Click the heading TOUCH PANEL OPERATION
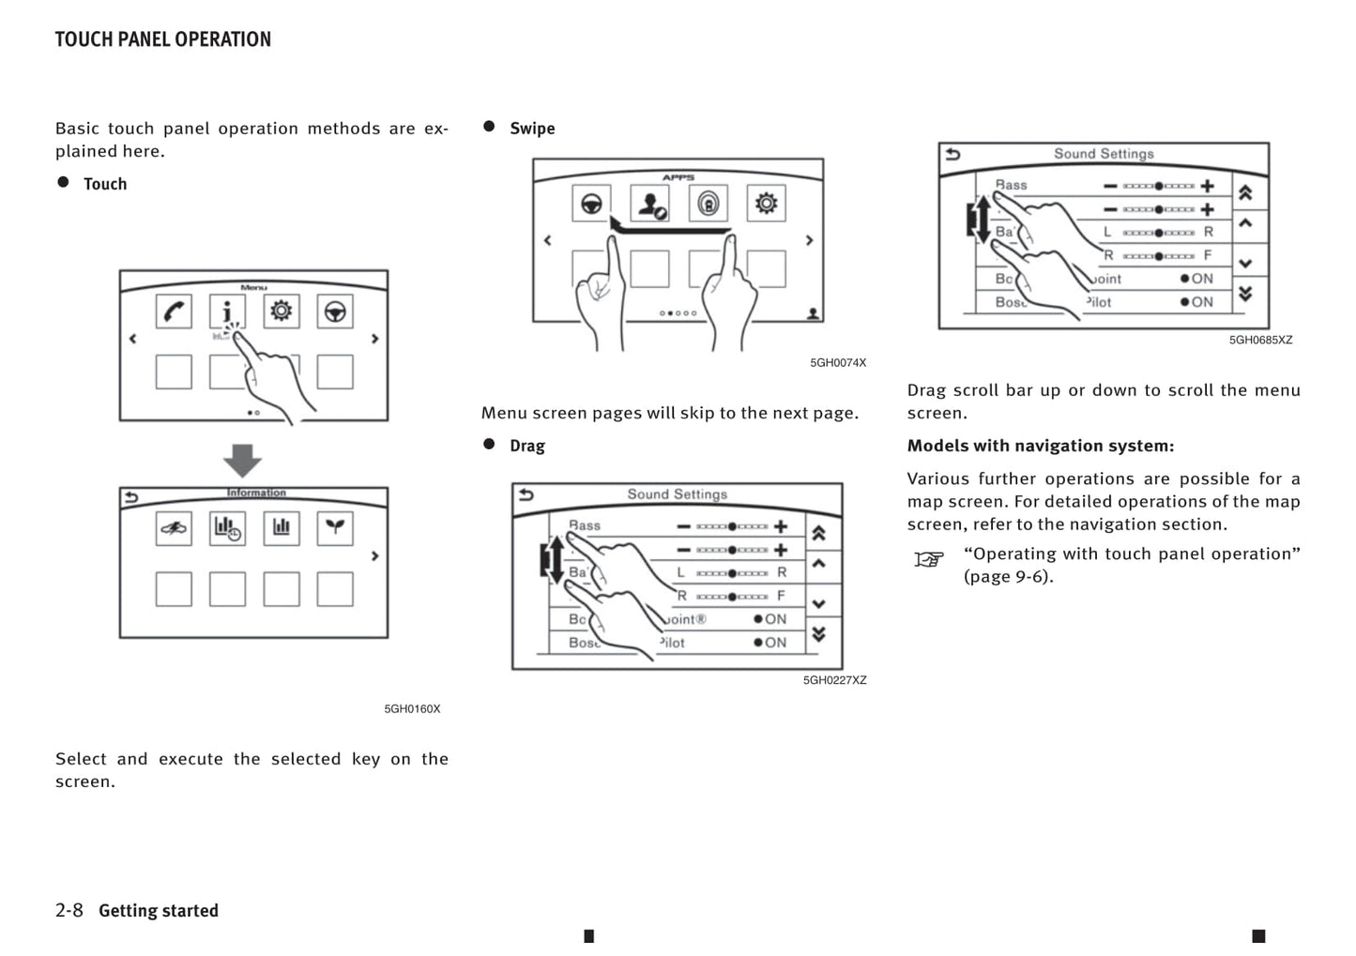162,39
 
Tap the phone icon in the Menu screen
174,311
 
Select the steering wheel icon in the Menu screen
335,311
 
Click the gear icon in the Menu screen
281,311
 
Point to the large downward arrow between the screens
242,460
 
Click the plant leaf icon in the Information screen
335,528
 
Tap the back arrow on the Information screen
131,497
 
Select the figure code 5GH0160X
412,709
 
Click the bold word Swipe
532,129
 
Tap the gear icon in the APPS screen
766,203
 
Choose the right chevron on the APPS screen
810,241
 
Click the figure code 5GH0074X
838,363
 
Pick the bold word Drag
526,446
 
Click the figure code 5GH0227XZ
834,680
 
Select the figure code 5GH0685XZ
1260,341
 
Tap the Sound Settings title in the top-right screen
1103,154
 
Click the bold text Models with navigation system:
1040,446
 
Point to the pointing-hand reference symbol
928,560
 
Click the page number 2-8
69,910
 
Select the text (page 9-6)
1008,577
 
